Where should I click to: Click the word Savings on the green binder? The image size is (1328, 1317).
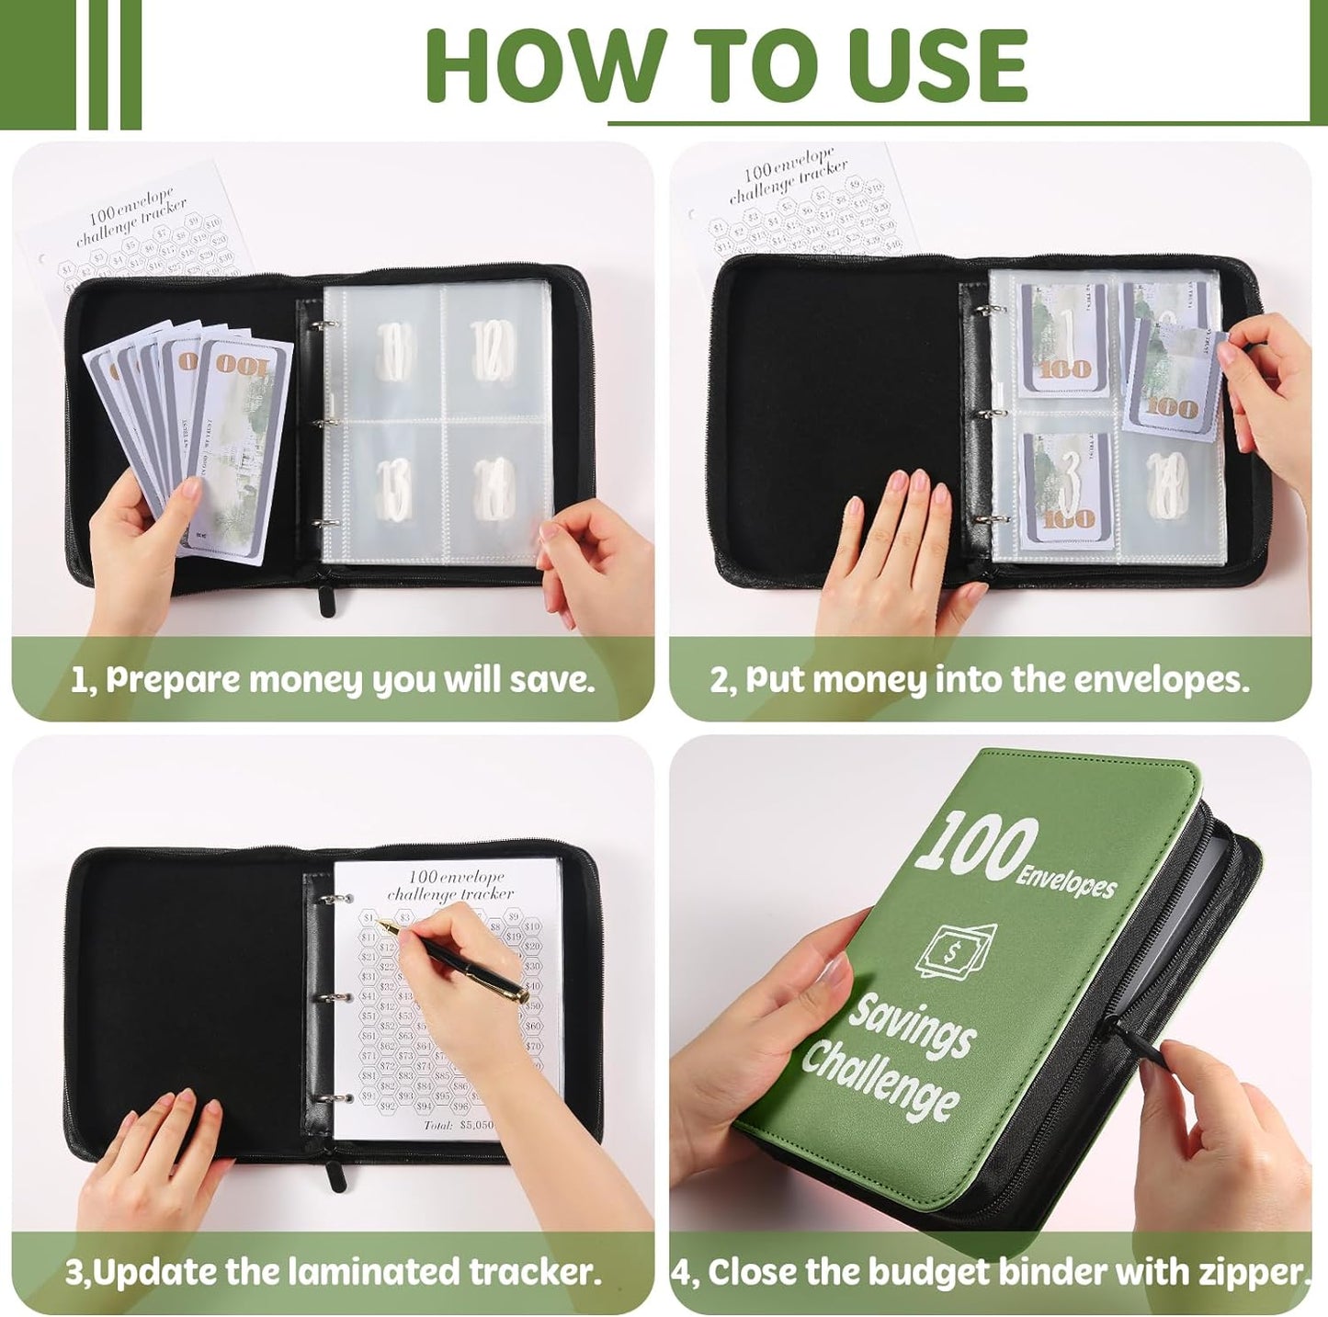coord(911,1026)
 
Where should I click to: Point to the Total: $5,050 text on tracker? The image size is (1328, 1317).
coord(459,1125)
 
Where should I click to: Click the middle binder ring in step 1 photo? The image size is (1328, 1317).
coord(317,424)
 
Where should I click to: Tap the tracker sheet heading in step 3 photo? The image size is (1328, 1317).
coord(449,885)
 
